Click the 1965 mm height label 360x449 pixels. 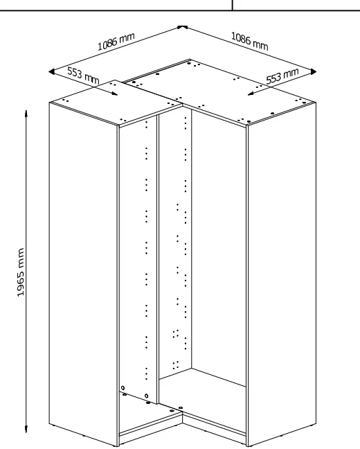[21, 272]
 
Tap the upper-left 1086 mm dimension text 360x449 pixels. [116, 42]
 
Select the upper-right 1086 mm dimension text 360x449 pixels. [249, 42]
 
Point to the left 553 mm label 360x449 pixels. [83, 76]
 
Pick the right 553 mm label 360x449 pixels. [282, 76]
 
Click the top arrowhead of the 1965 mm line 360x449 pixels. [26, 113]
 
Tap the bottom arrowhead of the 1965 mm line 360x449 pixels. [26, 429]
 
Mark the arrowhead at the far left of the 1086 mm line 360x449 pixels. [52, 71]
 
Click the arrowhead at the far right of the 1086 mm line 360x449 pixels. [314, 71]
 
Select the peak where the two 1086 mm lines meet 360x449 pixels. [182, 26]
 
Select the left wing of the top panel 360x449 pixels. [116, 103]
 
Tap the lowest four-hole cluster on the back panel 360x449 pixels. [176, 364]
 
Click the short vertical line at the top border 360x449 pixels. [232, 5]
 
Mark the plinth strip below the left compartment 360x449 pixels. [150, 428]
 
